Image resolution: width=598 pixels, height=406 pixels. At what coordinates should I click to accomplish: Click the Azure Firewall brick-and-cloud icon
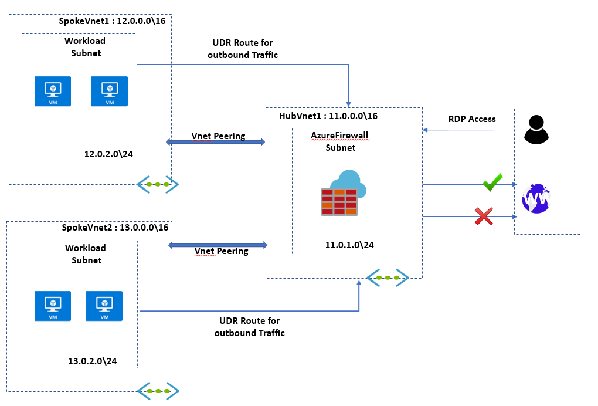pyautogui.click(x=343, y=193)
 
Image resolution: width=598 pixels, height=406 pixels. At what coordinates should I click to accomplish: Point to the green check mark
pyautogui.click(x=492, y=182)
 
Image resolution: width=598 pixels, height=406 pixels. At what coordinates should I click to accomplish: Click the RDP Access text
pyautogui.click(x=472, y=119)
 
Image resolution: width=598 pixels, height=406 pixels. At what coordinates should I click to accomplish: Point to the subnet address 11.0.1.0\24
pyautogui.click(x=349, y=245)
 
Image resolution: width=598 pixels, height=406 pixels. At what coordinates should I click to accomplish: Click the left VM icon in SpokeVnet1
pyautogui.click(x=52, y=91)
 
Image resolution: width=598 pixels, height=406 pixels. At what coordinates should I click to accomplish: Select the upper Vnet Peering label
pyautogui.click(x=218, y=136)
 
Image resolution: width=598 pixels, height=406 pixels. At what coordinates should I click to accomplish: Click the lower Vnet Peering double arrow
pyautogui.click(x=217, y=243)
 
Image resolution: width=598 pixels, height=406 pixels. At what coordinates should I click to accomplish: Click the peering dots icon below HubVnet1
pyautogui.click(x=387, y=278)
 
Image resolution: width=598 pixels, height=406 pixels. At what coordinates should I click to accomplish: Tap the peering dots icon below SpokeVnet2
pyautogui.click(x=158, y=390)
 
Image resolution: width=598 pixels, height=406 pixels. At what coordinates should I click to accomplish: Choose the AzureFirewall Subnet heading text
pyautogui.click(x=340, y=141)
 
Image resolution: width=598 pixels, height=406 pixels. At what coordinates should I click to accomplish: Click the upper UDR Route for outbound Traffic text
pyautogui.click(x=242, y=49)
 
